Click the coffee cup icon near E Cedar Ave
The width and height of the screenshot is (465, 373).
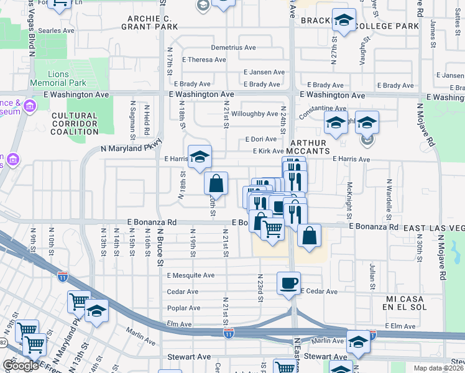(x=288, y=283)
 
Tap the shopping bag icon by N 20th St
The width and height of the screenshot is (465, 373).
(x=216, y=183)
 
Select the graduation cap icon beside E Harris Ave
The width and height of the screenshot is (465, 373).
(x=200, y=157)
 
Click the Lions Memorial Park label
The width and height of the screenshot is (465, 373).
(x=67, y=78)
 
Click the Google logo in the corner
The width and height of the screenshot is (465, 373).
(x=21, y=366)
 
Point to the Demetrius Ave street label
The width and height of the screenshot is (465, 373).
(x=233, y=47)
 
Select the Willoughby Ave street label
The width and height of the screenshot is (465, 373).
(x=254, y=114)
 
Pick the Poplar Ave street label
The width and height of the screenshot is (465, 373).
(x=184, y=308)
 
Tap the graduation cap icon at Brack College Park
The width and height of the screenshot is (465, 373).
(x=343, y=21)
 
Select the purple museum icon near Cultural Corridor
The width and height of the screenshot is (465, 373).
(x=29, y=108)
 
